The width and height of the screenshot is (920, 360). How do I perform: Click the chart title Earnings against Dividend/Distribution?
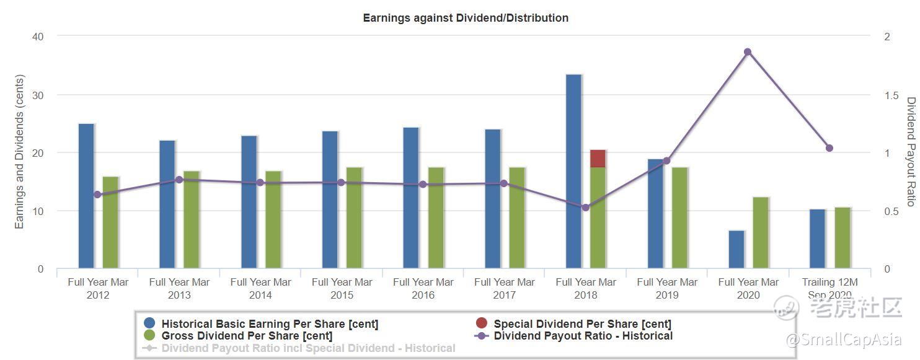(466, 18)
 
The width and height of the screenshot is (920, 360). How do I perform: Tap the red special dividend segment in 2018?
(598, 159)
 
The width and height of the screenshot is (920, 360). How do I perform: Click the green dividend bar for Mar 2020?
(761, 233)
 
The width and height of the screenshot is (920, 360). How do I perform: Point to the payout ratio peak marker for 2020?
(748, 52)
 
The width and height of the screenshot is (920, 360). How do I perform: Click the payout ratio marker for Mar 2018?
(585, 208)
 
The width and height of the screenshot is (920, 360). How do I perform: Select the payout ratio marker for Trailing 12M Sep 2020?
(829, 148)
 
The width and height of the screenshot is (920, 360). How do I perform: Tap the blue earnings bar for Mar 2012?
(86, 196)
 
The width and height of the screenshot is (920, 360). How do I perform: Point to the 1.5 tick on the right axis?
(890, 95)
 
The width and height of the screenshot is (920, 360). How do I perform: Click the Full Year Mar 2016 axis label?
(423, 288)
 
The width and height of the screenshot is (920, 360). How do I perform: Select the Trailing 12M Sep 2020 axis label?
(829, 288)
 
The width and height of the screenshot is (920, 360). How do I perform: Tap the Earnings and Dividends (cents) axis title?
(19, 152)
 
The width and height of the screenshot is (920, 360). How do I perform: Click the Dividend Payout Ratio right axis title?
(910, 152)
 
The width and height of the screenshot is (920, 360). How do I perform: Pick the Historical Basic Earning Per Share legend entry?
(270, 323)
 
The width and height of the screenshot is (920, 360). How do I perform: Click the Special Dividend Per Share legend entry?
(582, 323)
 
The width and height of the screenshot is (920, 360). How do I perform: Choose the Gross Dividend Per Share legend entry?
(247, 336)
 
